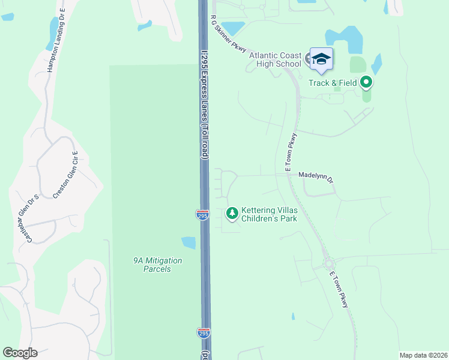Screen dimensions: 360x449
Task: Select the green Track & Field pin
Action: pos(366,82)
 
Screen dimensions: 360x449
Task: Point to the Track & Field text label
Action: pos(333,83)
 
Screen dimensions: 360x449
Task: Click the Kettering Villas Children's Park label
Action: pos(269,215)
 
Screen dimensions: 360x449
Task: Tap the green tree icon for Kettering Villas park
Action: pos(232,212)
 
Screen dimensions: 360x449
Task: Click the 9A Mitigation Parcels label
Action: pos(157,265)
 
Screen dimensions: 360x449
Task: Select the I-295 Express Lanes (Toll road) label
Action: pos(205,96)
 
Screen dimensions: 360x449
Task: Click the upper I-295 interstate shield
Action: pos(202,215)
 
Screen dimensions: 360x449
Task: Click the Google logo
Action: pos(20,353)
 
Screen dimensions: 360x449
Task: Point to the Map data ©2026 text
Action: pos(423,355)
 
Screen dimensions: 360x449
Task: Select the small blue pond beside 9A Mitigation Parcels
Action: pos(188,243)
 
